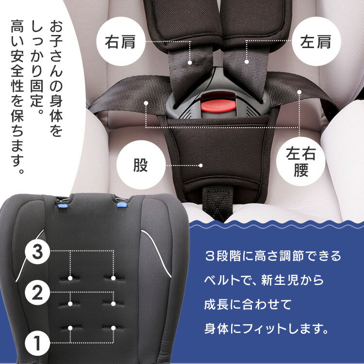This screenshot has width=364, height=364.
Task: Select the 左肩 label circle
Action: [x=316, y=42]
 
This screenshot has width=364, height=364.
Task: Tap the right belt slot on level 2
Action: [x=113, y=304]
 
